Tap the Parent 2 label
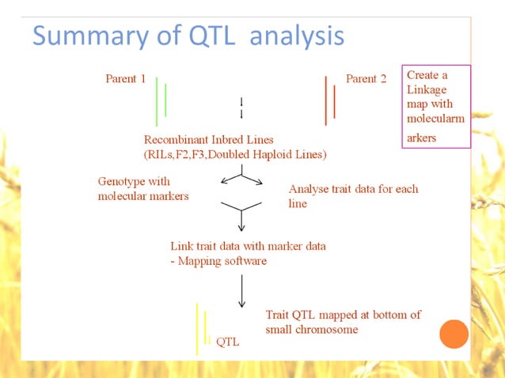[366, 79]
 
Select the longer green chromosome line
[157, 101]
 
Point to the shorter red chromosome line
[334, 102]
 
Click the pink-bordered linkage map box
[435, 106]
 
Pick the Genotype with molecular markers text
[143, 189]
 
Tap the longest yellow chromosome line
[197, 329]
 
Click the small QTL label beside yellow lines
[227, 342]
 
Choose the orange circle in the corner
[454, 335]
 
